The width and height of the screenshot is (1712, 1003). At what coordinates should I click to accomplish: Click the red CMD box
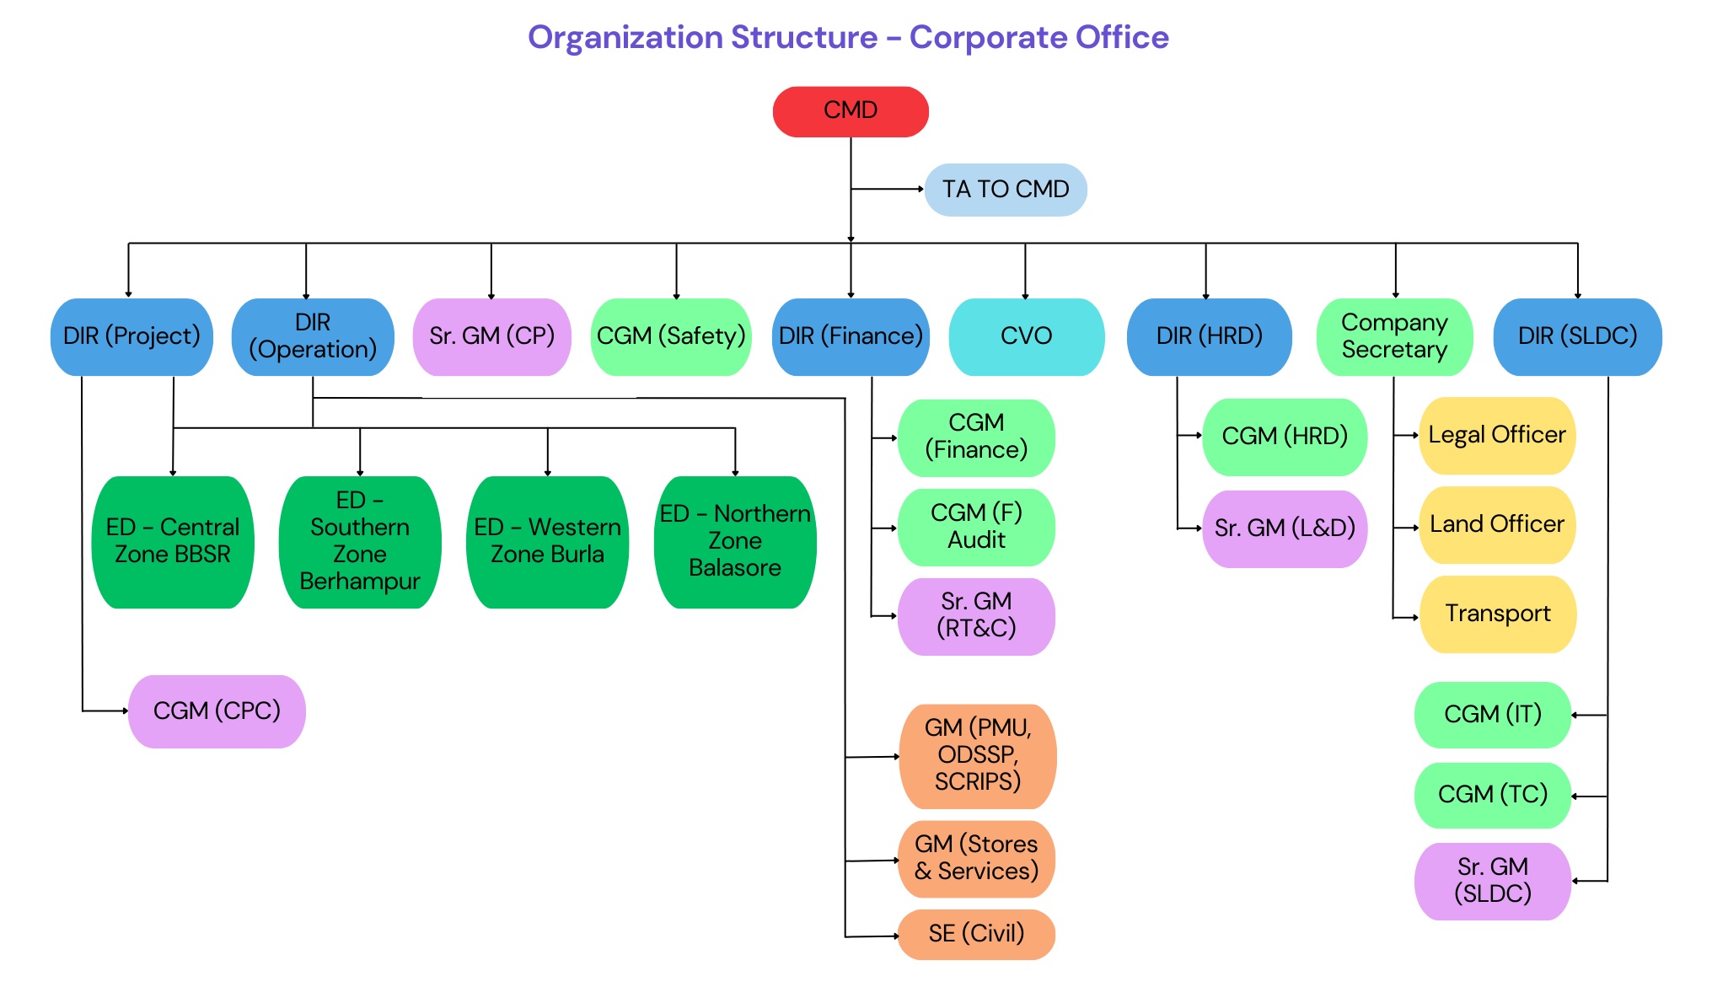[850, 111]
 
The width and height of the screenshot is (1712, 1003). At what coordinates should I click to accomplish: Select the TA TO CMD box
[1005, 190]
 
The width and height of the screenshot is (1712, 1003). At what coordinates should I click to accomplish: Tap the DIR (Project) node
[131, 336]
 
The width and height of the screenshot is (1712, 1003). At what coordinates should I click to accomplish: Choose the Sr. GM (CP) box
[491, 336]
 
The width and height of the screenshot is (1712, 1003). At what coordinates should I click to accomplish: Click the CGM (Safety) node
[671, 336]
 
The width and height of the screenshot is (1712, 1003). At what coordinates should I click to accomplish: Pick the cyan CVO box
[1026, 336]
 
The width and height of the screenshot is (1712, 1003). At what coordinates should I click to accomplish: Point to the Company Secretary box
[1394, 336]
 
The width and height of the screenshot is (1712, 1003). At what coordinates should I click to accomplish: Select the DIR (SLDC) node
[1577, 336]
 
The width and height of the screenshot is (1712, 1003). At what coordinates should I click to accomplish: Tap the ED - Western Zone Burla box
[547, 541]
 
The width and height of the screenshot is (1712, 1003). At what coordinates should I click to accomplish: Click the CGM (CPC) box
[217, 711]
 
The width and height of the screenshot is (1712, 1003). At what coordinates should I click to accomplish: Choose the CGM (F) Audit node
[976, 527]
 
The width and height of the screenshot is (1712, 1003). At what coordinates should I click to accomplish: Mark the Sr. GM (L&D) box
[1285, 528]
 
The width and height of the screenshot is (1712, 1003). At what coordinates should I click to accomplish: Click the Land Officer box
[1497, 524]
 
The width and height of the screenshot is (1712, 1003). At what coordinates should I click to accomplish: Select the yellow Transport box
[1498, 614]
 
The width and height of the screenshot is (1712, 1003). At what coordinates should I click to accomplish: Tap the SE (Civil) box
[976, 934]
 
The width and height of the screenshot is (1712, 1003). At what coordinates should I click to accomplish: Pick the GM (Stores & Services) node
[976, 858]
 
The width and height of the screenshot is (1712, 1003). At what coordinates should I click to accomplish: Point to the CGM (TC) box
[1492, 795]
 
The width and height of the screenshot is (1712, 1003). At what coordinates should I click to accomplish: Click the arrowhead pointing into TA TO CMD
[921, 190]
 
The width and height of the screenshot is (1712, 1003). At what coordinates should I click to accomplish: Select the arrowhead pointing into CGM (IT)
[1575, 715]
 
